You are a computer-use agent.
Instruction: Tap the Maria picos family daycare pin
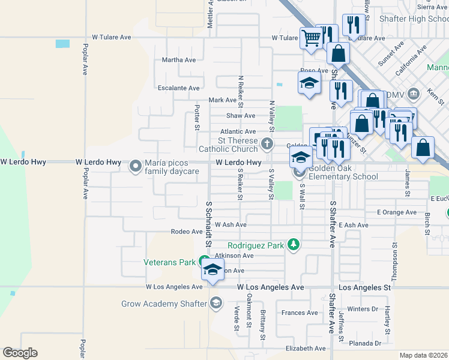(x=135, y=165)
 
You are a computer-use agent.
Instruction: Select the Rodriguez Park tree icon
(x=293, y=244)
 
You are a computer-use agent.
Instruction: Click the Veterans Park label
(x=170, y=262)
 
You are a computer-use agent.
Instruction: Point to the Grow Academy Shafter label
(x=164, y=304)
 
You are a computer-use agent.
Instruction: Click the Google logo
(x=20, y=353)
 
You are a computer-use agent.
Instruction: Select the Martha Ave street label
(x=179, y=60)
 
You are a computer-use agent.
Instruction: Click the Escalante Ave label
(x=178, y=88)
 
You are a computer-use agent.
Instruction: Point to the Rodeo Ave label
(x=187, y=232)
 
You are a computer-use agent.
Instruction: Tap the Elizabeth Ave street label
(x=306, y=349)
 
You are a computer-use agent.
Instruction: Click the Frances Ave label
(x=300, y=313)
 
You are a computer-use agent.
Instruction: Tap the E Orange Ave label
(x=397, y=212)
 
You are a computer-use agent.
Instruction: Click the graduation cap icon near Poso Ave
(x=309, y=83)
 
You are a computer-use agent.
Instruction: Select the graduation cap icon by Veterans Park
(x=212, y=269)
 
